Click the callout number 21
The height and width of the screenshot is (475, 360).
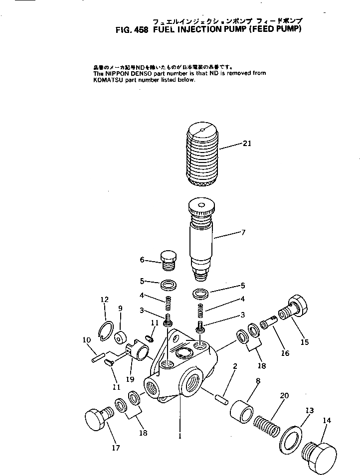click(247, 144)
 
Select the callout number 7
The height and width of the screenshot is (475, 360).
click(243, 232)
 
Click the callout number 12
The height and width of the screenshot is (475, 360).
click(104, 300)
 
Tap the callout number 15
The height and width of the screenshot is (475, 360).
click(304, 342)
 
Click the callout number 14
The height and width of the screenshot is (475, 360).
click(327, 421)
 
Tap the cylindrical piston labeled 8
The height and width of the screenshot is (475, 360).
click(241, 409)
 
